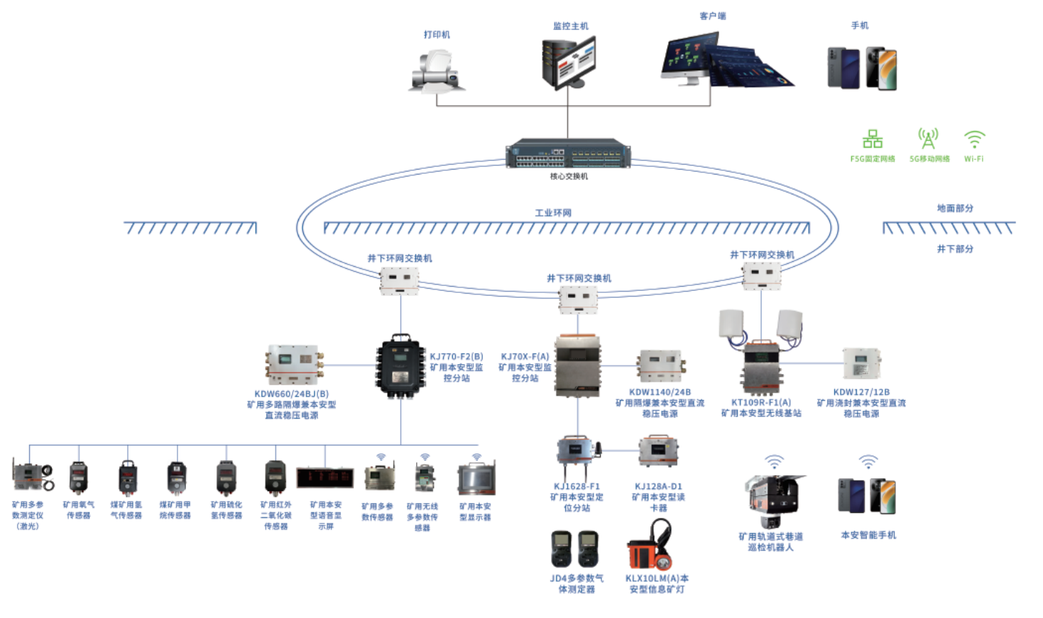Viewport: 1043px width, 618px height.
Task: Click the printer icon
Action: [x=437, y=71]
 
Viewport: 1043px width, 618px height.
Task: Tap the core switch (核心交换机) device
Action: [x=568, y=153]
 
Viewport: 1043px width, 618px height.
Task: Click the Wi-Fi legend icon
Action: [x=974, y=138]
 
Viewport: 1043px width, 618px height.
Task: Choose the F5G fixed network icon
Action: [x=873, y=138]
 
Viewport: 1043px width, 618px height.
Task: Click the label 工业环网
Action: [x=553, y=213]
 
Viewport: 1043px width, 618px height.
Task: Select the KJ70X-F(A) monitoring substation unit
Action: [x=578, y=367]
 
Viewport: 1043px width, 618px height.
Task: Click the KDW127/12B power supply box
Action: [x=861, y=363]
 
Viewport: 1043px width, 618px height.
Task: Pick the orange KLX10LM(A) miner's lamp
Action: [x=649, y=547]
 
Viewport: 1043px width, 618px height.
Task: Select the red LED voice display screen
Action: [x=325, y=478]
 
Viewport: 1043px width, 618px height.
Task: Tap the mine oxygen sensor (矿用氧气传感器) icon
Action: [x=78, y=478]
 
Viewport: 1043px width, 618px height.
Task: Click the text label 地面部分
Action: [x=955, y=209]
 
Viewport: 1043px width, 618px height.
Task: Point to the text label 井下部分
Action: [x=955, y=249]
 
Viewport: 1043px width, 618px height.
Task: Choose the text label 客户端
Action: [x=713, y=16]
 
